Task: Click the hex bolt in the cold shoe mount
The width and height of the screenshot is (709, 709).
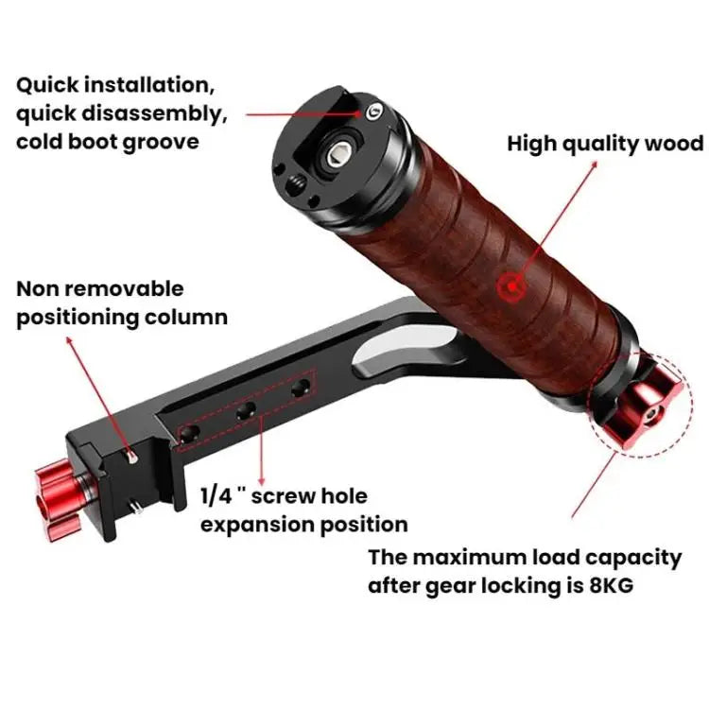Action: click(337, 155)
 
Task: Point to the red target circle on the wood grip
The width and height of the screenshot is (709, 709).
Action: click(511, 286)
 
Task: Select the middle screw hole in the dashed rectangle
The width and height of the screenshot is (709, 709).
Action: click(246, 411)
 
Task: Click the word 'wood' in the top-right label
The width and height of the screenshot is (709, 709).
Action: click(674, 145)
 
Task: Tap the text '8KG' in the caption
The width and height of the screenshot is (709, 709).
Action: click(611, 585)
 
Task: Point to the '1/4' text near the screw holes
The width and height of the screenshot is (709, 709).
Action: click(216, 496)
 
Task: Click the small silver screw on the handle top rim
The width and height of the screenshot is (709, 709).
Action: click(374, 111)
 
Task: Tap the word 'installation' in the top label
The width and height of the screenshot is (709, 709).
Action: click(149, 85)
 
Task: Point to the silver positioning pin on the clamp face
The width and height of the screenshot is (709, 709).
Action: click(132, 457)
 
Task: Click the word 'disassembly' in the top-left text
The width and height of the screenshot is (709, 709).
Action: click(154, 113)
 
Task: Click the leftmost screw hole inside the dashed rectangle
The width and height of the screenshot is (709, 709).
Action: click(190, 434)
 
